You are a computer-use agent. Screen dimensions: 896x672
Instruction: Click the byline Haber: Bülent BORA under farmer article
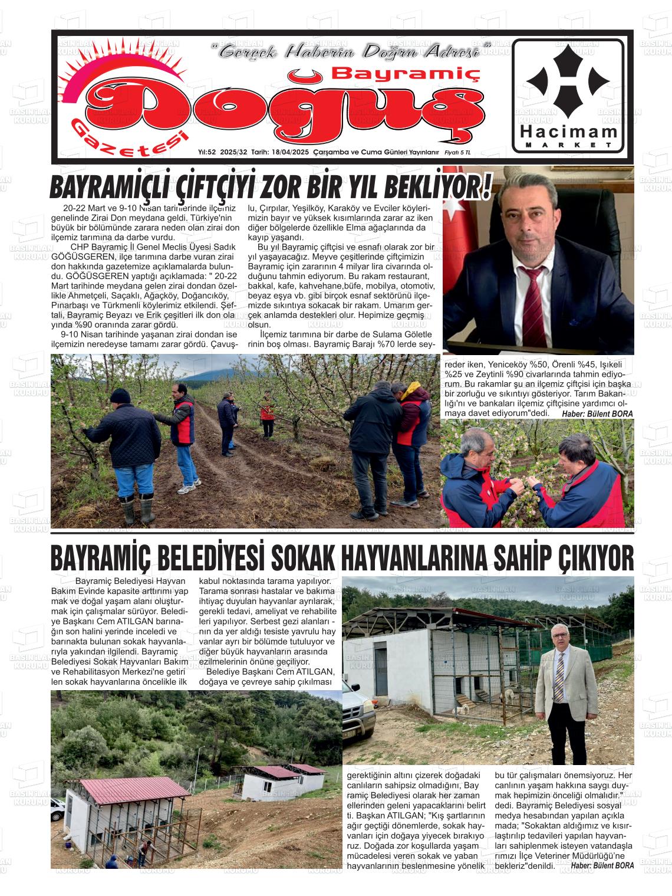point(597,414)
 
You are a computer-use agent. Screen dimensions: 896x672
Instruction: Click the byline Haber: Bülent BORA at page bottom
point(602,865)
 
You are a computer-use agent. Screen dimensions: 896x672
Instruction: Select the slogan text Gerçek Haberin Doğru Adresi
point(354,51)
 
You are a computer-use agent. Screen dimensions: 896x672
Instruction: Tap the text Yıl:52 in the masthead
point(209,152)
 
